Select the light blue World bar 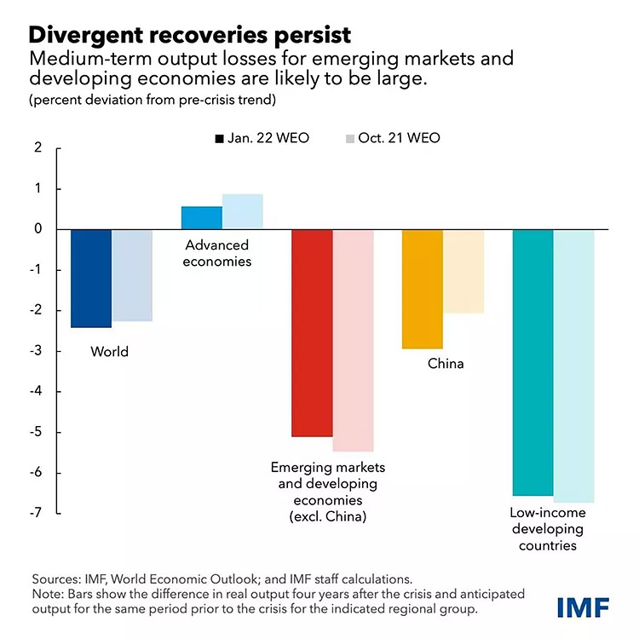132,275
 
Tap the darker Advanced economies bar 201,218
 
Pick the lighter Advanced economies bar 242,212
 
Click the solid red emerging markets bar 312,333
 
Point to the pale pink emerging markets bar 353,340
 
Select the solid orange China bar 422,289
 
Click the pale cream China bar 463,271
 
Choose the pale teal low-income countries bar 573,366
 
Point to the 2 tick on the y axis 37,148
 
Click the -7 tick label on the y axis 35,514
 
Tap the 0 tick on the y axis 37,229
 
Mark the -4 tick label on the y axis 35,392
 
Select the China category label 446,364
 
